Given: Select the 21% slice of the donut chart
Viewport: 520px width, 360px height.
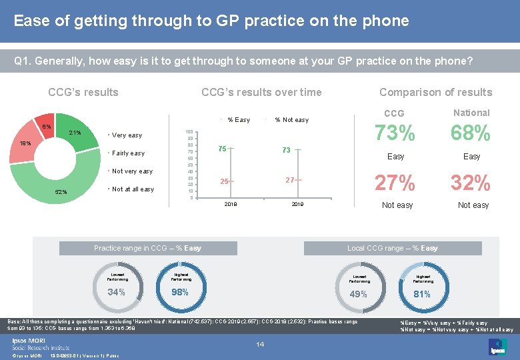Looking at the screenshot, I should tap(75, 133).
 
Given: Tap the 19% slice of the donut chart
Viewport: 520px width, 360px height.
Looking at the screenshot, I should tap(25, 144).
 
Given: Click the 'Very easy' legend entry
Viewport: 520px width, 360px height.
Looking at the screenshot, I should tap(127, 135).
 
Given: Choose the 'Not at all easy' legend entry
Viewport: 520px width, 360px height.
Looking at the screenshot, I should tap(133, 189).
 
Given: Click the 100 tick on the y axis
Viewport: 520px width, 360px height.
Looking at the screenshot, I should tap(189, 132).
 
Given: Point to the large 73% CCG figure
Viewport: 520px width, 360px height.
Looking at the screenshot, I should tap(396, 133).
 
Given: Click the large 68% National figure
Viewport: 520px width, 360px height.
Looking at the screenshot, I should tap(472, 133).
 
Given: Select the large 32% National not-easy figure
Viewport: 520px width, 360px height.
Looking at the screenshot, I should tap(472, 183).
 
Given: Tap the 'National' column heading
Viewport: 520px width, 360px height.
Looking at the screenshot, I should tap(471, 113).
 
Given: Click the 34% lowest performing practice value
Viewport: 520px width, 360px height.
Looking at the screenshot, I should tap(116, 293).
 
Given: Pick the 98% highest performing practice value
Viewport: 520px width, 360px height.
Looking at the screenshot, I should tap(181, 293).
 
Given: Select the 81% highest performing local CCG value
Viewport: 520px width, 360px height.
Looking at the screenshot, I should tap(423, 294).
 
